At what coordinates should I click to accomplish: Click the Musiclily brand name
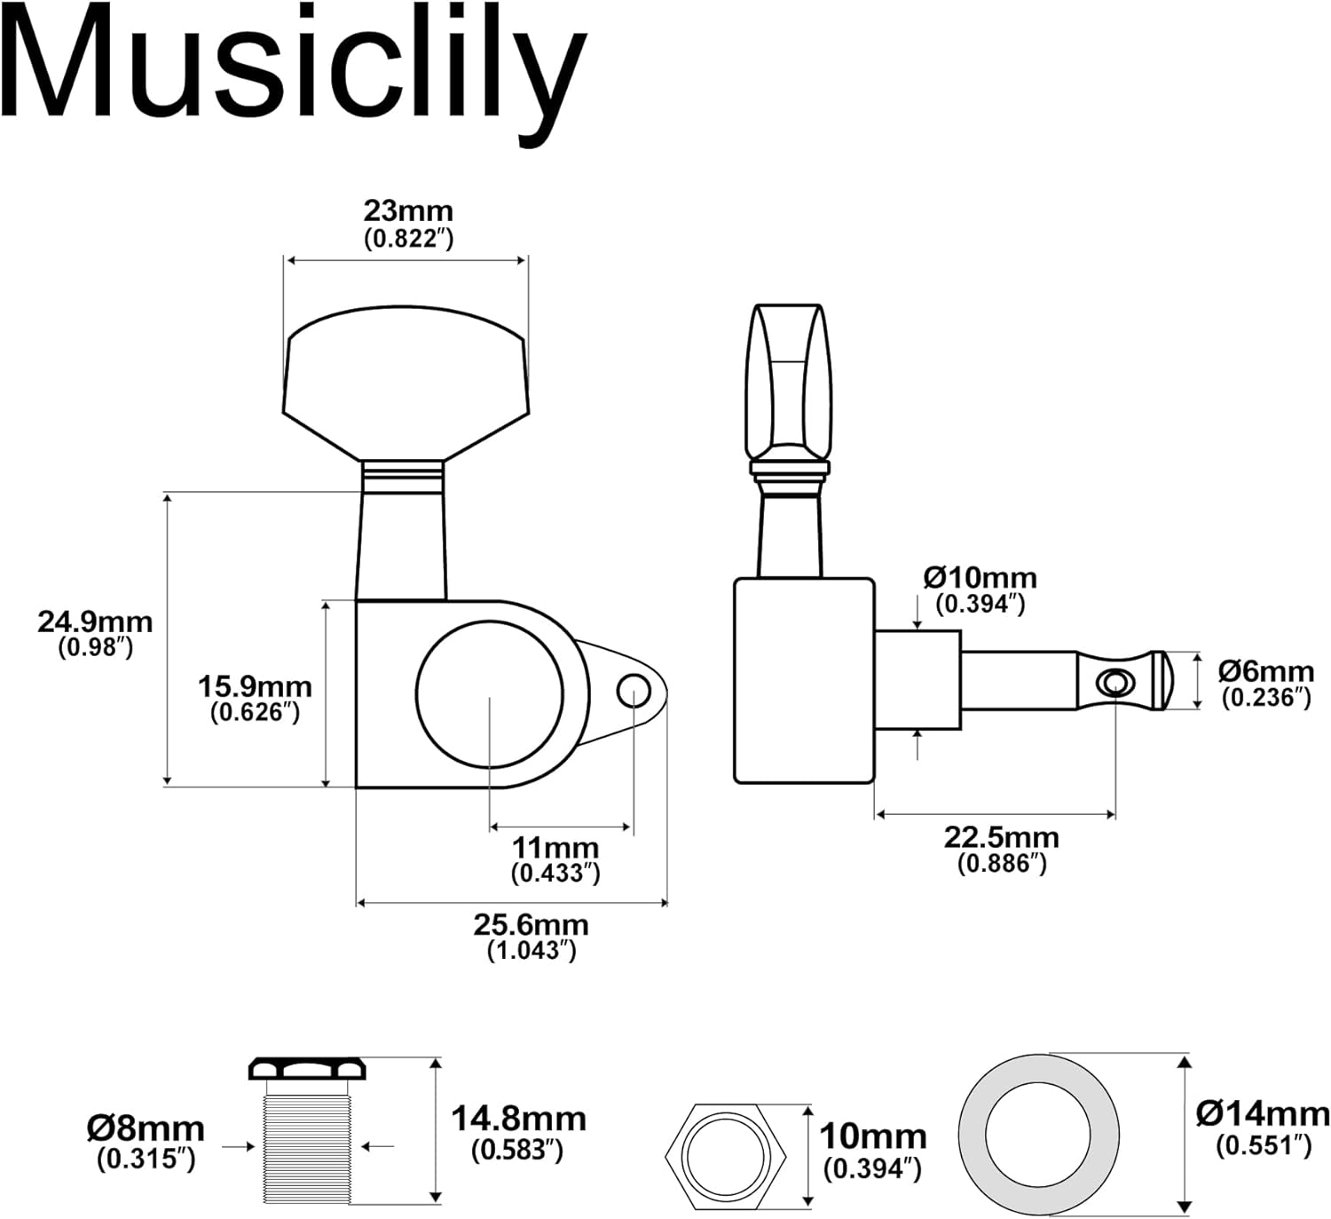[x=293, y=67]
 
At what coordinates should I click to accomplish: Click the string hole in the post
[x=1114, y=682]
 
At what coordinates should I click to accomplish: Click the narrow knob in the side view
[x=788, y=382]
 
